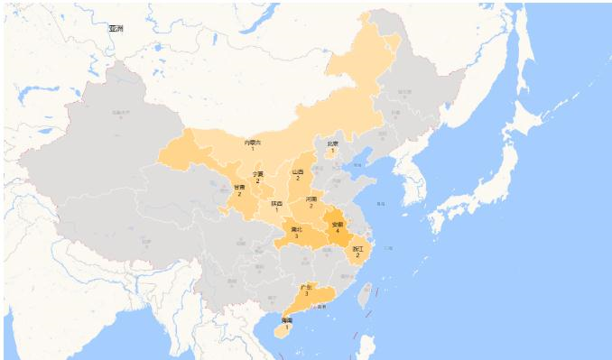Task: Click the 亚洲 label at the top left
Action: [116, 29]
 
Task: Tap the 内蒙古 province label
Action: [253, 142]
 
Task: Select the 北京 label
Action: [332, 143]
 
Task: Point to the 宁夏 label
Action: [258, 173]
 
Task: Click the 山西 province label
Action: [298, 171]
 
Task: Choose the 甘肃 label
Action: [239, 187]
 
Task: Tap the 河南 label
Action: [311, 198]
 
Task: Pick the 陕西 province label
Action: [276, 204]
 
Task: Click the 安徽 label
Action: [338, 224]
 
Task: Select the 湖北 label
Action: [296, 229]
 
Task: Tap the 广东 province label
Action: [306, 287]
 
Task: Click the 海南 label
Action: [286, 320]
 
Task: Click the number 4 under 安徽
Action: [338, 231]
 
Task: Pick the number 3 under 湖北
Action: [296, 236]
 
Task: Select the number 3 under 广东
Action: [306, 294]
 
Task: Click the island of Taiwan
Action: [366, 294]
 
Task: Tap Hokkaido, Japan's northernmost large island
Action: [528, 117]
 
